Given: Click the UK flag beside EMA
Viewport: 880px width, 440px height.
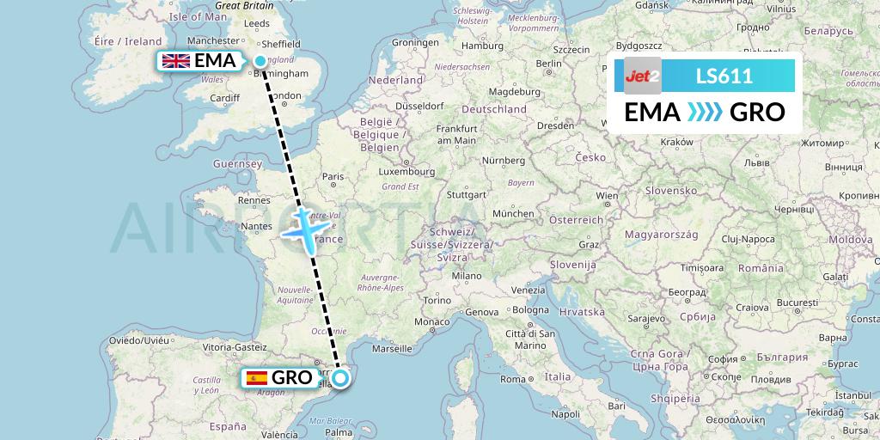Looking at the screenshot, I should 176,61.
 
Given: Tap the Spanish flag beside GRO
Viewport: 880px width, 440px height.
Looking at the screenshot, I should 255,378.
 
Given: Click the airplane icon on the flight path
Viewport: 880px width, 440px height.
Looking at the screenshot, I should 305,227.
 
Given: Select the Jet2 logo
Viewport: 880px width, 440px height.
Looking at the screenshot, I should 643,76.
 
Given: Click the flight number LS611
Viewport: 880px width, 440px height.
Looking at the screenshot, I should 724,76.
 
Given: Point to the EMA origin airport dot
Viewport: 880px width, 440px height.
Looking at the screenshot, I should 260,60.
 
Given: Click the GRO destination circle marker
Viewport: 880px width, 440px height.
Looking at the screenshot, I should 340,378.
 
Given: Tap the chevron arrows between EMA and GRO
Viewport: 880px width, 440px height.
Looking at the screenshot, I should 705,113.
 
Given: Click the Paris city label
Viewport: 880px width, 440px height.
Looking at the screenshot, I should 333,177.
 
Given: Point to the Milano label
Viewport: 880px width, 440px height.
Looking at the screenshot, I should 467,277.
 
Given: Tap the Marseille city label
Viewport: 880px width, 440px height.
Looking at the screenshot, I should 393,349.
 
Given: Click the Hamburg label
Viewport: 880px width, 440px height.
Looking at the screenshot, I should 481,46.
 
